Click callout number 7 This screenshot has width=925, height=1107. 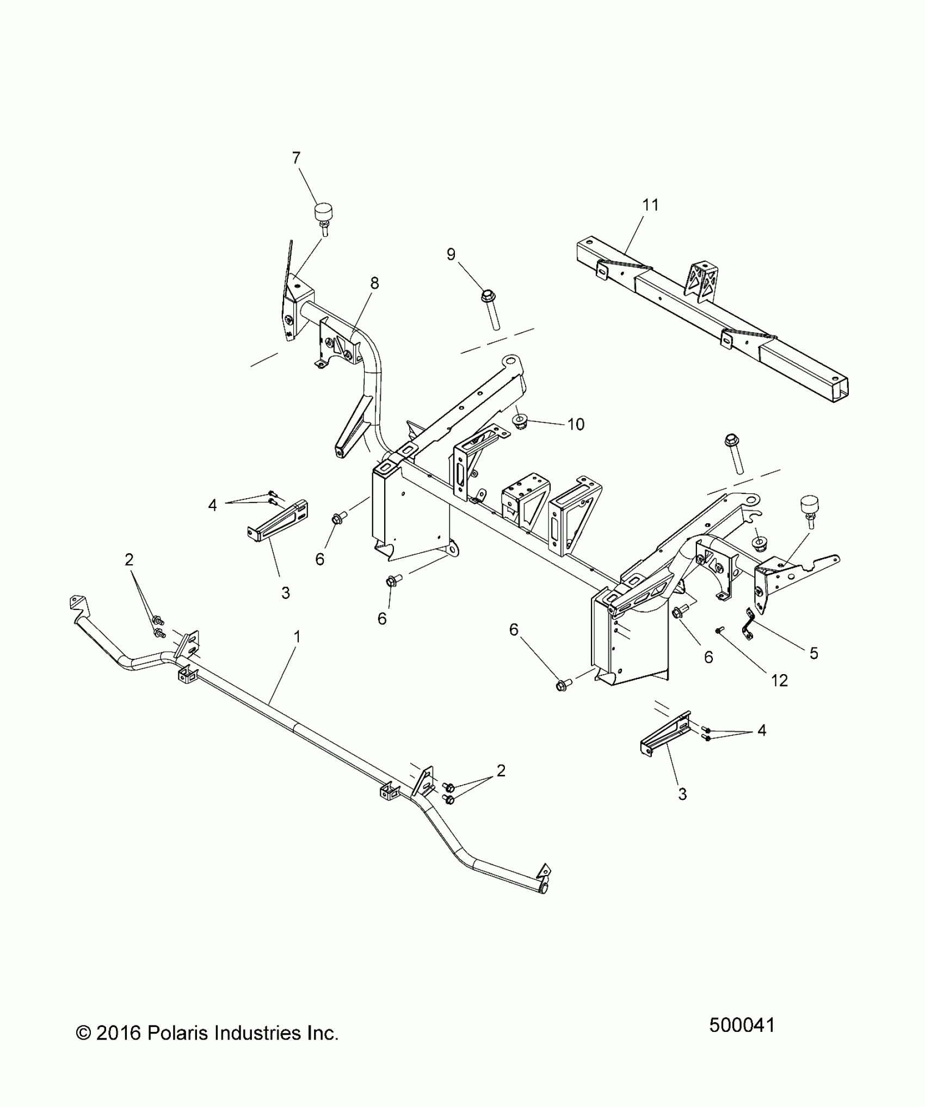[x=296, y=158]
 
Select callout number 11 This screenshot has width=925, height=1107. [x=650, y=205]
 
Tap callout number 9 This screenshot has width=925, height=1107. [x=451, y=254]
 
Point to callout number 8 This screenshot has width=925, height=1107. [x=374, y=283]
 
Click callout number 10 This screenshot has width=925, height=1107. [x=576, y=424]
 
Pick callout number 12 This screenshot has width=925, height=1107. [x=780, y=680]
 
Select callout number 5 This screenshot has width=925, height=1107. [x=814, y=653]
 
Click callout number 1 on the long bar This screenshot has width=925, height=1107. [x=297, y=636]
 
